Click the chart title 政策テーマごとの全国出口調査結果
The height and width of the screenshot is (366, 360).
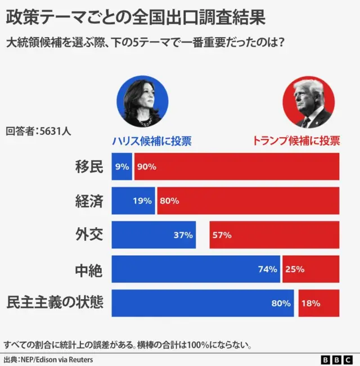[x=135, y=16]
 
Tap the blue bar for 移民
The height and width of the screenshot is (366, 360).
[x=121, y=166]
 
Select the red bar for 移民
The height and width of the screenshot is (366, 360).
[x=236, y=166]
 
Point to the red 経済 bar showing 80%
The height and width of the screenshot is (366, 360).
[x=248, y=201]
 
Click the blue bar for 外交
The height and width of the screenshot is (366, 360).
[x=154, y=235]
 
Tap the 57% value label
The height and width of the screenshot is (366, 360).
[x=222, y=235]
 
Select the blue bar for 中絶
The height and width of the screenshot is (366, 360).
[x=195, y=269]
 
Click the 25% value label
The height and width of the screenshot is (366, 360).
[x=294, y=269]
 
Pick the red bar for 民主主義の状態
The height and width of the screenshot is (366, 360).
[x=319, y=303]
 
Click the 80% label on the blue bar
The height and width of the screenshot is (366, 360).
[x=281, y=303]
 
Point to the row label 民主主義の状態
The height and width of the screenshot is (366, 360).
[x=55, y=302]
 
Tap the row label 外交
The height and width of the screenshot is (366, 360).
[x=89, y=234]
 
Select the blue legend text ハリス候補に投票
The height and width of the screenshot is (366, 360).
[x=152, y=141]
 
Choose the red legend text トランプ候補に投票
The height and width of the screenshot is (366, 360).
[x=295, y=141]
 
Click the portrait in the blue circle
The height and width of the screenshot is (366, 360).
[x=142, y=102]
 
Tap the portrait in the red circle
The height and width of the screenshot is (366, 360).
[x=308, y=102]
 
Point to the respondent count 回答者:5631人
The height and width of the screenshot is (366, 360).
[x=38, y=131]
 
